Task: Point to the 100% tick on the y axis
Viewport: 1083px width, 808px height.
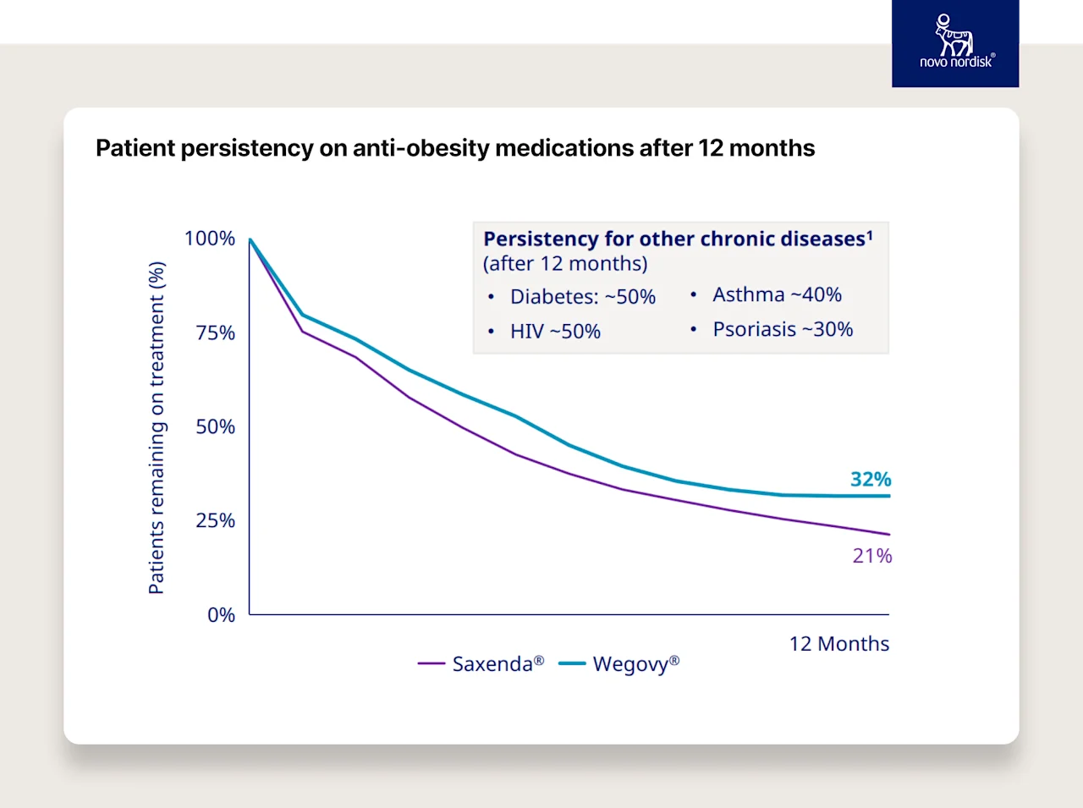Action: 210,239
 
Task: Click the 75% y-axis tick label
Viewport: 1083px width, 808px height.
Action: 215,333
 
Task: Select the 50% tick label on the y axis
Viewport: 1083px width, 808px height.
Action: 215,426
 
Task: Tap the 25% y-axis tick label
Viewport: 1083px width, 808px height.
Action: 215,520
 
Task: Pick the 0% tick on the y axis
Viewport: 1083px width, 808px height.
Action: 221,615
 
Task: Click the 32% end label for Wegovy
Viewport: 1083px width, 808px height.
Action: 871,479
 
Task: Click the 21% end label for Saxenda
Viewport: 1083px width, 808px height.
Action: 872,556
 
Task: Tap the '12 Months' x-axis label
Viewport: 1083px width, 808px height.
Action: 838,644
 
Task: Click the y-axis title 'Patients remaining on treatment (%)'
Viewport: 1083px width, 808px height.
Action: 157,427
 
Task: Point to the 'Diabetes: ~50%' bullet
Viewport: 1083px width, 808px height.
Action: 582,297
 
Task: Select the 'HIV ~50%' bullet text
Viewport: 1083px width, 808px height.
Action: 555,332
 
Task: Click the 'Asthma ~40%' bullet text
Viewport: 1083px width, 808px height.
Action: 777,294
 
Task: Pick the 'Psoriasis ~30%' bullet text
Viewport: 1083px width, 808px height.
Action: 783,329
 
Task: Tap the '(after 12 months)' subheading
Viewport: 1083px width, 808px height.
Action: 565,264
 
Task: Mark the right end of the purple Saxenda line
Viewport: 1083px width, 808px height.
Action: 888,534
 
